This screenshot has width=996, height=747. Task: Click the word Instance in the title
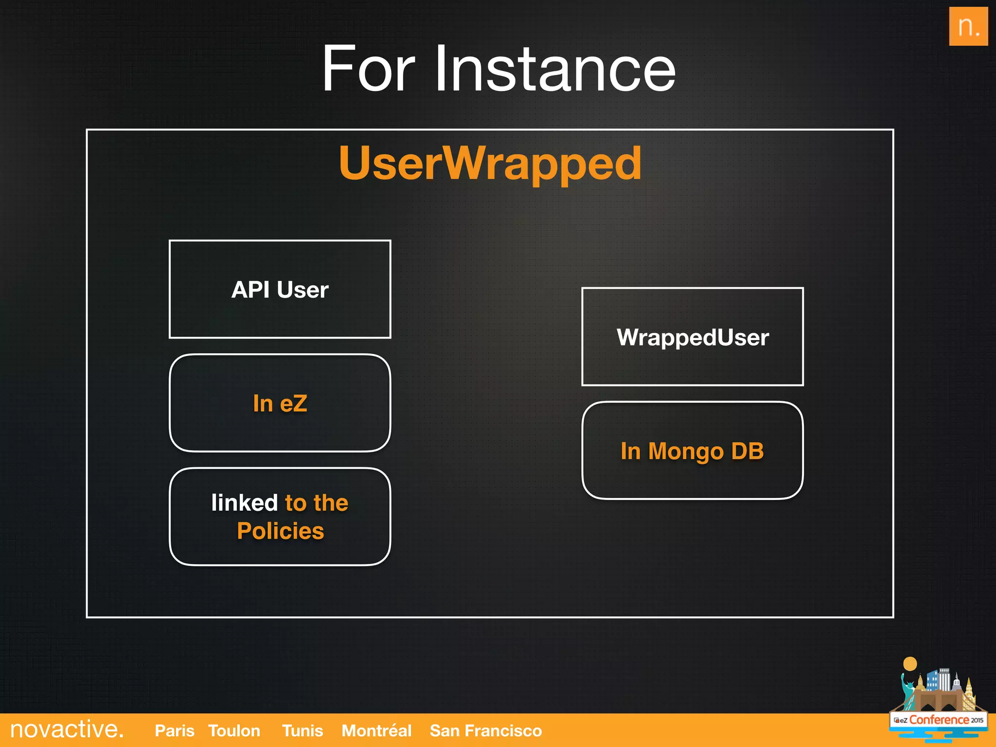555,69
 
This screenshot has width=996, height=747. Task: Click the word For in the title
368,69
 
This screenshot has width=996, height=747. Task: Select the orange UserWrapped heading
490,163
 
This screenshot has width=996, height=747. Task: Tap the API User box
280,289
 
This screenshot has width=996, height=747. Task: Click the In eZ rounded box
280,403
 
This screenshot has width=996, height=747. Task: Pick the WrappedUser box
693,337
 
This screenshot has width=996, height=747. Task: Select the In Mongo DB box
693,451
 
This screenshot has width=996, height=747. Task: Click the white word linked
244,503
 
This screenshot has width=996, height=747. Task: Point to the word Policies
280,531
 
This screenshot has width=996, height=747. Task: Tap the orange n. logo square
968,26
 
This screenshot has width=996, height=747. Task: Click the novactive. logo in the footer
67,729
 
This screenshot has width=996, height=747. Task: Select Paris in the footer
174,730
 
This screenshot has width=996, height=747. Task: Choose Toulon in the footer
234,730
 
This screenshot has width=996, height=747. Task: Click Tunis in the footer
302,730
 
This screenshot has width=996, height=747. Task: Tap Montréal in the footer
376,730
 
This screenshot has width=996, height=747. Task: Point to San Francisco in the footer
485,730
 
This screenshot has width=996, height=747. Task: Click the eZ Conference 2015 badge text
939,720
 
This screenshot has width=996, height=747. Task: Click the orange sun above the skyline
909,664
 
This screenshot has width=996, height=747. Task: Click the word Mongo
686,452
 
